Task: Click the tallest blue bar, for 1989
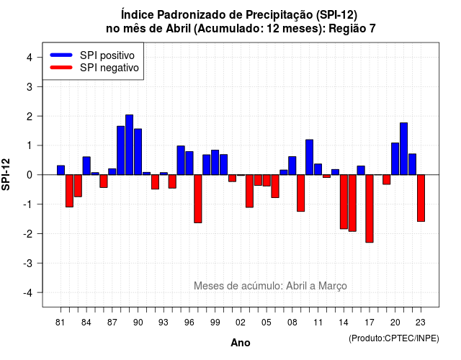tap(130, 145)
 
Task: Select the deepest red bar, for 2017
tap(370, 209)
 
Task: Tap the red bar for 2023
tap(421, 198)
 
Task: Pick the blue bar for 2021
tap(403, 149)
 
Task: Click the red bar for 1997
tap(198, 199)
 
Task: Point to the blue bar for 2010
tap(309, 157)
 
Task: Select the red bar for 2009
tap(301, 193)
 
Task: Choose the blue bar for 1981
tap(61, 170)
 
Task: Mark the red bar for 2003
tap(249, 191)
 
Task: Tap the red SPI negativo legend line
tap(61, 68)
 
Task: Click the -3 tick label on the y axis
tap(28, 264)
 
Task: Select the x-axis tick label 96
tap(189, 323)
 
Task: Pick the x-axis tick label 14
tap(344, 323)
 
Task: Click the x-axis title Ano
tap(241, 343)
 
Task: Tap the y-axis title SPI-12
tap(6, 174)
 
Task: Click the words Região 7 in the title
tap(352, 29)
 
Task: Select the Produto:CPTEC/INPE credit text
tap(394, 338)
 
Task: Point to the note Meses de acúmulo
tap(271, 286)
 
